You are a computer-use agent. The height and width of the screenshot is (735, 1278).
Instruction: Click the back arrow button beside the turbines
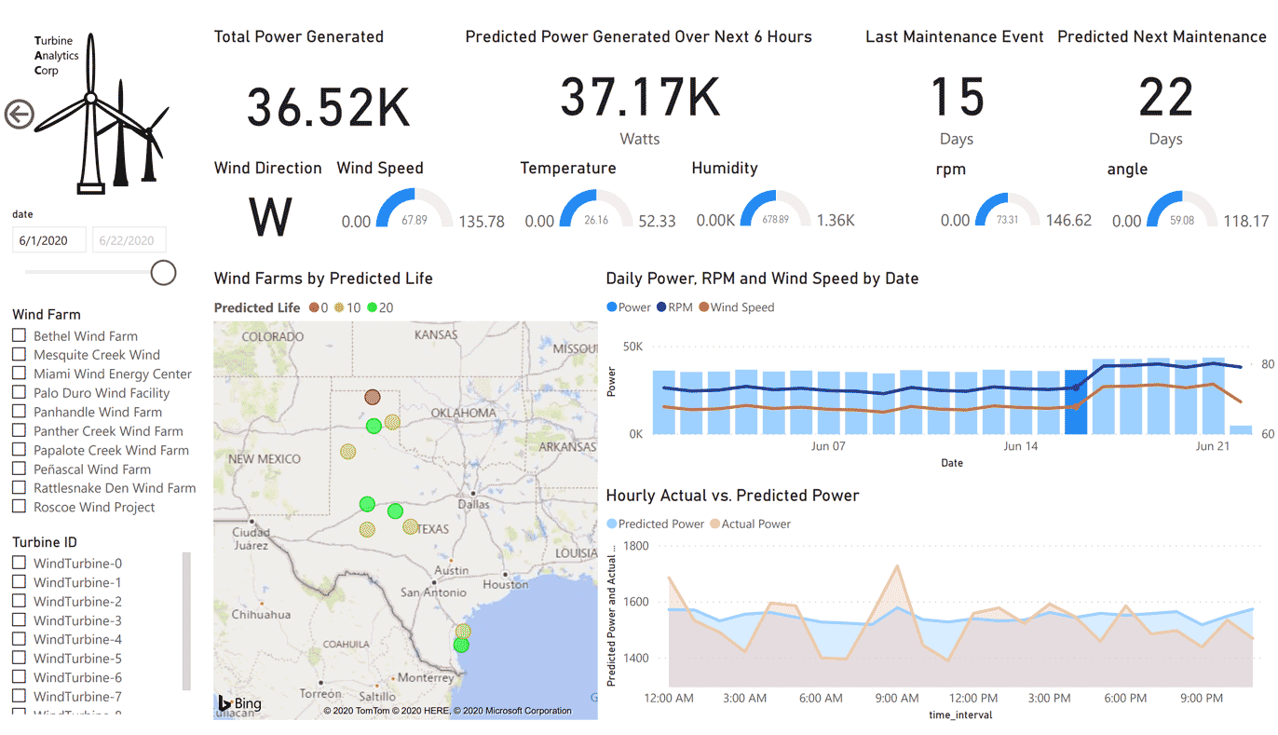19,115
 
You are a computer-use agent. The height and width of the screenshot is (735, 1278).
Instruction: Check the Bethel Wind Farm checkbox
19,335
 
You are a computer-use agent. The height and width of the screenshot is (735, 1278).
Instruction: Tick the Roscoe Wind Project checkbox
19,507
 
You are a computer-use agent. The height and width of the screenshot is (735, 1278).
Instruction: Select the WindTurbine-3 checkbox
19,620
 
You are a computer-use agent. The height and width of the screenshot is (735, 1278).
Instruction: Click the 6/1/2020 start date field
49,240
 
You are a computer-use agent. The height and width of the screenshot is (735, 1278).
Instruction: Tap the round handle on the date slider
164,272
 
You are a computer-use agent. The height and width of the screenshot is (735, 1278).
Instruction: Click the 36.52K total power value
328,107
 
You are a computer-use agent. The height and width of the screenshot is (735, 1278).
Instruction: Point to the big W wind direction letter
271,216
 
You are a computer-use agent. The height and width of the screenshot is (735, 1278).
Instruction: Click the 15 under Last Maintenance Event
957,98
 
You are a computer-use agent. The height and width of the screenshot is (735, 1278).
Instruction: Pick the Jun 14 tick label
1021,446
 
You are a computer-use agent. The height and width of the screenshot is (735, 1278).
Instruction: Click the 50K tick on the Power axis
632,347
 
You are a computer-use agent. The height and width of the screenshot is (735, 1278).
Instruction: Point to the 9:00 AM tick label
897,699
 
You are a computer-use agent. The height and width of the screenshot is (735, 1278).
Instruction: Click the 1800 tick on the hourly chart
636,545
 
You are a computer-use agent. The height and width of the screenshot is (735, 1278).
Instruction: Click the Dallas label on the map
473,504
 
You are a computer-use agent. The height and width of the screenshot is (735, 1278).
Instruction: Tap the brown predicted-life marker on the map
373,398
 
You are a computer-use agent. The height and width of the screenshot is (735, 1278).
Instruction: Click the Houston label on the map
506,584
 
